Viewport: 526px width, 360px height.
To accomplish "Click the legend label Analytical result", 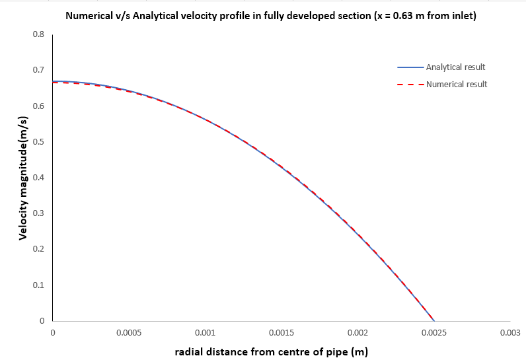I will [x=456, y=67].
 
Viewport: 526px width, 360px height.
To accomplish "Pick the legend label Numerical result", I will [x=457, y=85].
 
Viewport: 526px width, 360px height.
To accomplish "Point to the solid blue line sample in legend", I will [x=410, y=67].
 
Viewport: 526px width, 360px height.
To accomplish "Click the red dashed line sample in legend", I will [x=410, y=85].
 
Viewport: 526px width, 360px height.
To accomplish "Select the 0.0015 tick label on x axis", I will [x=282, y=333].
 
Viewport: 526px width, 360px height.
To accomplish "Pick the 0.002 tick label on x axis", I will [x=357, y=333].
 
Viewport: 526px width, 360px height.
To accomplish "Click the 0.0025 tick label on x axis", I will [x=433, y=333].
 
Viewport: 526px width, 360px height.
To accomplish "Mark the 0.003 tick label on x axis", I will [x=510, y=333].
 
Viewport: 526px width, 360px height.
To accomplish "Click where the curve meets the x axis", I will [x=433, y=321].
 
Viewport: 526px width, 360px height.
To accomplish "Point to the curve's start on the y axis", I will [x=54, y=82].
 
